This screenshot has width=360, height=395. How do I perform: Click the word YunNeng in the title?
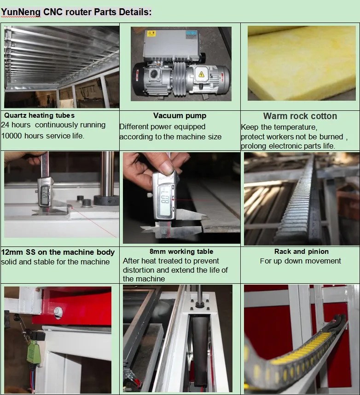pyautogui.click(x=21, y=12)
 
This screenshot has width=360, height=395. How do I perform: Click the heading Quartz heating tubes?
pyautogui.click(x=39, y=115)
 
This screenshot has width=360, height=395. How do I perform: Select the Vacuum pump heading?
pyautogui.click(x=180, y=115)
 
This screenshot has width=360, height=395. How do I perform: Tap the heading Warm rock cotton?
pyautogui.click(x=300, y=116)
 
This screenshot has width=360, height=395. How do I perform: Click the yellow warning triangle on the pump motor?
pyautogui.click(x=201, y=74)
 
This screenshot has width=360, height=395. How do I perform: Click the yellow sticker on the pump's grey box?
pyautogui.click(x=151, y=33)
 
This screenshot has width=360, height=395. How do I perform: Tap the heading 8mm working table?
pyautogui.click(x=181, y=252)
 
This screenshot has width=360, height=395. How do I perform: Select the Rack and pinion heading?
pyautogui.click(x=302, y=252)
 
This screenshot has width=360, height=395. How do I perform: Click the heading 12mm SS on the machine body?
pyautogui.click(x=58, y=252)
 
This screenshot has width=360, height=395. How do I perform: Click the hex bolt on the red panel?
pyautogui.click(x=58, y=312)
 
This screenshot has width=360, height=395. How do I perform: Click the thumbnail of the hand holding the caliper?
pyautogui.click(x=182, y=198)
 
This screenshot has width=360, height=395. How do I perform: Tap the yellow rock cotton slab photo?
pyautogui.click(x=302, y=63)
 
